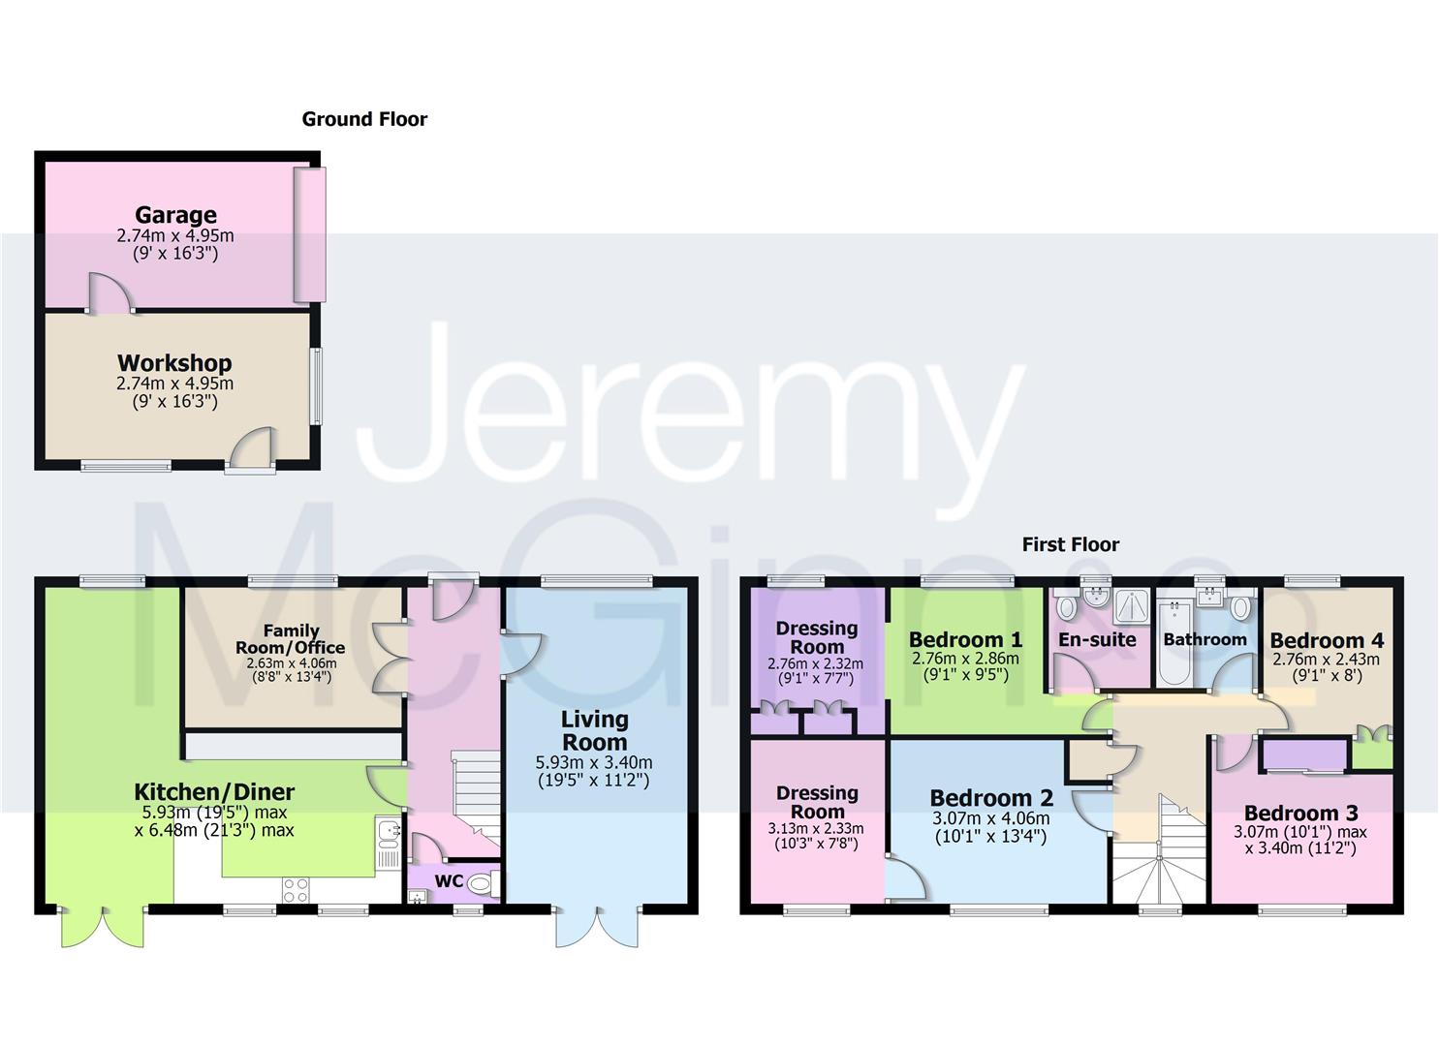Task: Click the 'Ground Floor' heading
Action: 364,119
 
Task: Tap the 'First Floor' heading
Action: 1070,544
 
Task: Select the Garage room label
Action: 175,215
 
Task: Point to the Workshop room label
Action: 174,363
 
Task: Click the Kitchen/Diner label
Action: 214,792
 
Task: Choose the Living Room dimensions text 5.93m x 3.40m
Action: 594,762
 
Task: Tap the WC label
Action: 449,881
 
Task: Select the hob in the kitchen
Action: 296,889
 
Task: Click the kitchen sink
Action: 389,832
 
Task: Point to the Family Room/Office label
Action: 291,639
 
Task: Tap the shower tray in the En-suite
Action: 1130,606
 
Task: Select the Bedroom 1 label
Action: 965,639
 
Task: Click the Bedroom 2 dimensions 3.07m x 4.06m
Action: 990,818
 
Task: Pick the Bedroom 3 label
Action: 1300,813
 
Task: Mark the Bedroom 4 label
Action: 1326,640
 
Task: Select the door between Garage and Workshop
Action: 110,293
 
